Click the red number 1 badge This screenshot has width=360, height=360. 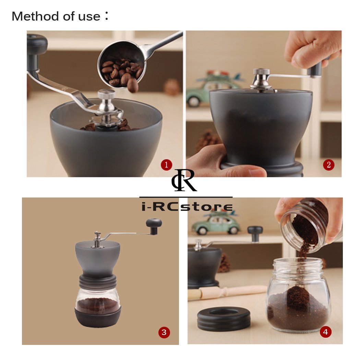pyautogui.click(x=166, y=165)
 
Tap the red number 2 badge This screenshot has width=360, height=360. pyautogui.click(x=328, y=165)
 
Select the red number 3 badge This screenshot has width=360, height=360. pyautogui.click(x=164, y=332)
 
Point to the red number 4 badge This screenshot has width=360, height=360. pyautogui.click(x=325, y=332)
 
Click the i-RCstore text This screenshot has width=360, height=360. pyautogui.click(x=187, y=207)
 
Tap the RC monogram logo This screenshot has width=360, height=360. pyautogui.click(x=184, y=181)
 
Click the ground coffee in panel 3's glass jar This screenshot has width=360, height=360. pyautogui.click(x=98, y=305)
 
